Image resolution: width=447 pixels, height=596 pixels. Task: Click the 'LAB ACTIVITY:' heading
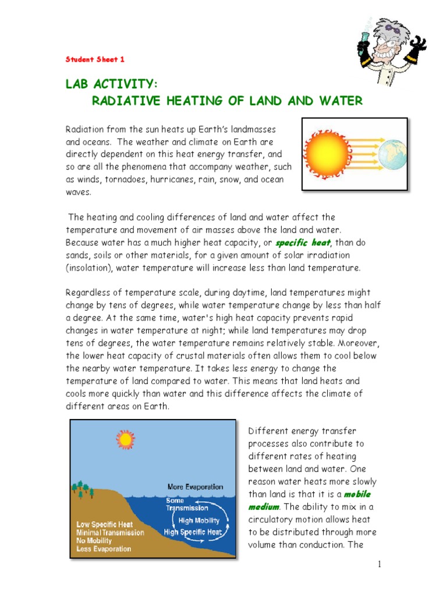[x=111, y=85]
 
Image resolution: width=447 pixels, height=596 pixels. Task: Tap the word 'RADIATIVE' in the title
[x=125, y=101]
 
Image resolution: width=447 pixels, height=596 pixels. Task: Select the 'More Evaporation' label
[x=195, y=487]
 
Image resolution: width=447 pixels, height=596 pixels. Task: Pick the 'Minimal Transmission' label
[x=111, y=532]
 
